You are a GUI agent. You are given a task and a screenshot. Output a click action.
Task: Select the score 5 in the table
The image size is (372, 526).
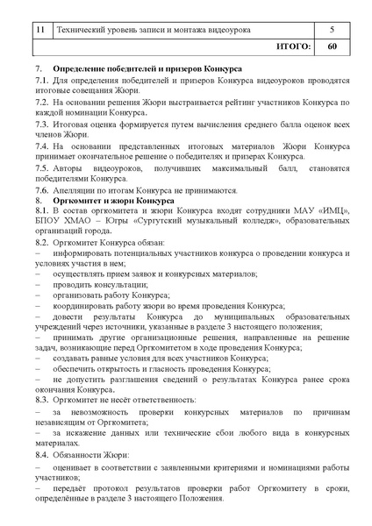click(x=332, y=28)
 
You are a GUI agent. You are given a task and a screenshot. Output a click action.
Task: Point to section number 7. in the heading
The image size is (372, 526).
click(x=39, y=68)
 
